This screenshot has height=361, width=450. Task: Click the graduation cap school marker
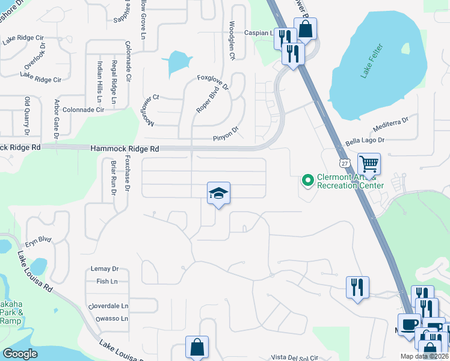[218, 193]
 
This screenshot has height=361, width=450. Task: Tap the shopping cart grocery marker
[369, 164]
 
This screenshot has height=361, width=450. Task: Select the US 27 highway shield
[344, 163]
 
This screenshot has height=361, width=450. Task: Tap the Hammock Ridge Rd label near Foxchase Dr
[125, 149]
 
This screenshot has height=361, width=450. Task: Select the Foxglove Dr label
[213, 82]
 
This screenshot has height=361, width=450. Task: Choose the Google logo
[20, 354]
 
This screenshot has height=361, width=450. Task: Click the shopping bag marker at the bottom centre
[197, 347]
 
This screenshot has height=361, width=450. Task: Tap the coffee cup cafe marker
[408, 324]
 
